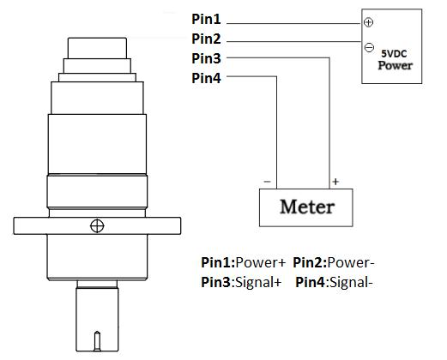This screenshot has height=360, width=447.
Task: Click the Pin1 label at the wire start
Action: tap(206, 18)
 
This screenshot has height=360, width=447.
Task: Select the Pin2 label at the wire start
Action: tap(206, 39)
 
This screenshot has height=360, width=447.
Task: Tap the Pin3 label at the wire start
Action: tap(206, 59)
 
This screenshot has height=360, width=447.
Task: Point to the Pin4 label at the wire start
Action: tap(206, 80)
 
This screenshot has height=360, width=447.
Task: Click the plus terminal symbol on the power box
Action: tap(369, 23)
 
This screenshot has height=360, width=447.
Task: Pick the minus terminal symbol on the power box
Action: tap(369, 47)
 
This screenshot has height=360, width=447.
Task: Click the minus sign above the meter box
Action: tap(268, 182)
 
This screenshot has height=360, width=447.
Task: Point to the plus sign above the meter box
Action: tap(335, 182)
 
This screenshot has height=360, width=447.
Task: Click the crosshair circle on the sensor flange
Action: tap(98, 226)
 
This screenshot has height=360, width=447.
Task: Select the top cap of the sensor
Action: tap(98, 46)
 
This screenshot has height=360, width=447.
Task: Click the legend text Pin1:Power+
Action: tap(243, 262)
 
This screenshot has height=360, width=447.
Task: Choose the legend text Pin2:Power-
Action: tap(335, 262)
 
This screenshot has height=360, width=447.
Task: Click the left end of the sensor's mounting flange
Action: tap(19, 226)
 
